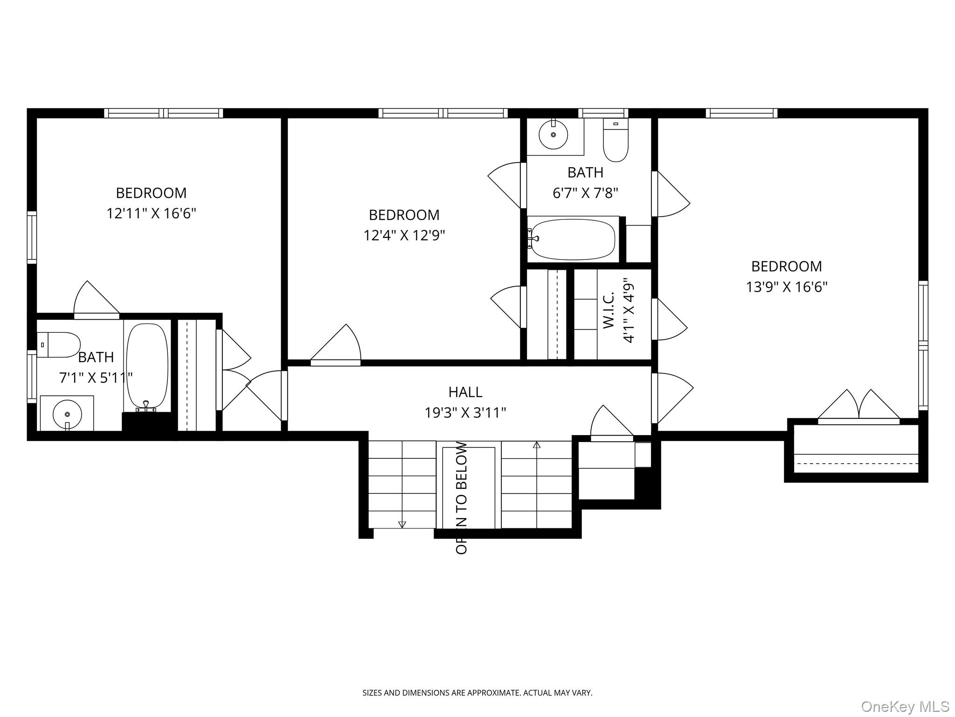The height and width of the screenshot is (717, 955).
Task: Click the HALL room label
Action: pos(465,392)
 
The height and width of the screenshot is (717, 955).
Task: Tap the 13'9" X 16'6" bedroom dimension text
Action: pos(787,287)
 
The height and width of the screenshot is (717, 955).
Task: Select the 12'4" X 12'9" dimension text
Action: pos(404,235)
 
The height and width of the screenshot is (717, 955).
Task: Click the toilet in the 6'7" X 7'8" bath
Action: pos(616,140)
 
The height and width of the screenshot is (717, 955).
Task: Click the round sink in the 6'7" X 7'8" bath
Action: pos(553,135)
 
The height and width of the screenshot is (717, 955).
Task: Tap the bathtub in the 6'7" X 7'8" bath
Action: pos(573,239)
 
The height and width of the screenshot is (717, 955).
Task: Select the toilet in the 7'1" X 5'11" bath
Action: pos(59,344)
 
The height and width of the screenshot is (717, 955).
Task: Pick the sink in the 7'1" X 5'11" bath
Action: pos(67,414)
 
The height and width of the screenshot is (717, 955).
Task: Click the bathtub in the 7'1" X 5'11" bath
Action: pos(147,366)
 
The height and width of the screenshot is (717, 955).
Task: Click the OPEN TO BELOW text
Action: pos(462,498)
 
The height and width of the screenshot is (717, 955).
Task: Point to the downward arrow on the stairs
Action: pos(402,524)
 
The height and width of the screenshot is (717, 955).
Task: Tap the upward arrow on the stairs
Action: pos(537,445)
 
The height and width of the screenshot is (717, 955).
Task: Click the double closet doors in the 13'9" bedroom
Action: pos(858,406)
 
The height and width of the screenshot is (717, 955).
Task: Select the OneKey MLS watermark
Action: pos(905,706)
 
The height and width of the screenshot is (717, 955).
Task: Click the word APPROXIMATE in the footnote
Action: pos(493,693)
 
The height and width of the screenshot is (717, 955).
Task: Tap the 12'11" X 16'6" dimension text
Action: pos(151,213)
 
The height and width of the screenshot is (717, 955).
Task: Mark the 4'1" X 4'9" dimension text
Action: pos(629,313)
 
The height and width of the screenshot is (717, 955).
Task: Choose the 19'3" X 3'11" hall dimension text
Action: pos(465,413)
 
